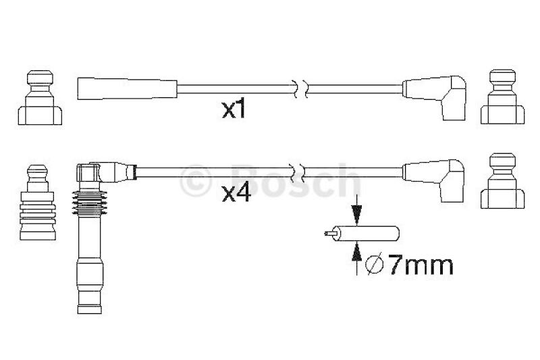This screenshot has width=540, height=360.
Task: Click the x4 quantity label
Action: [236, 194]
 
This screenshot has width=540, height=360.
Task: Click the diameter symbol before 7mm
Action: [375, 265]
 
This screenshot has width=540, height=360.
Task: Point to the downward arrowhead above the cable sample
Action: [356, 215]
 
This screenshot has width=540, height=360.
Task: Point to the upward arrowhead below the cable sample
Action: [356, 251]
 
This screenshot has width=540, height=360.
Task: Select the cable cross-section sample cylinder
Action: [367, 233]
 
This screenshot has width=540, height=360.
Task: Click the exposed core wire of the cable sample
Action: [330, 234]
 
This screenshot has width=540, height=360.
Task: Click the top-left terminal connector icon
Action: [40, 97]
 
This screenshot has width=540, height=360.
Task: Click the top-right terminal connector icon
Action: [502, 97]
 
